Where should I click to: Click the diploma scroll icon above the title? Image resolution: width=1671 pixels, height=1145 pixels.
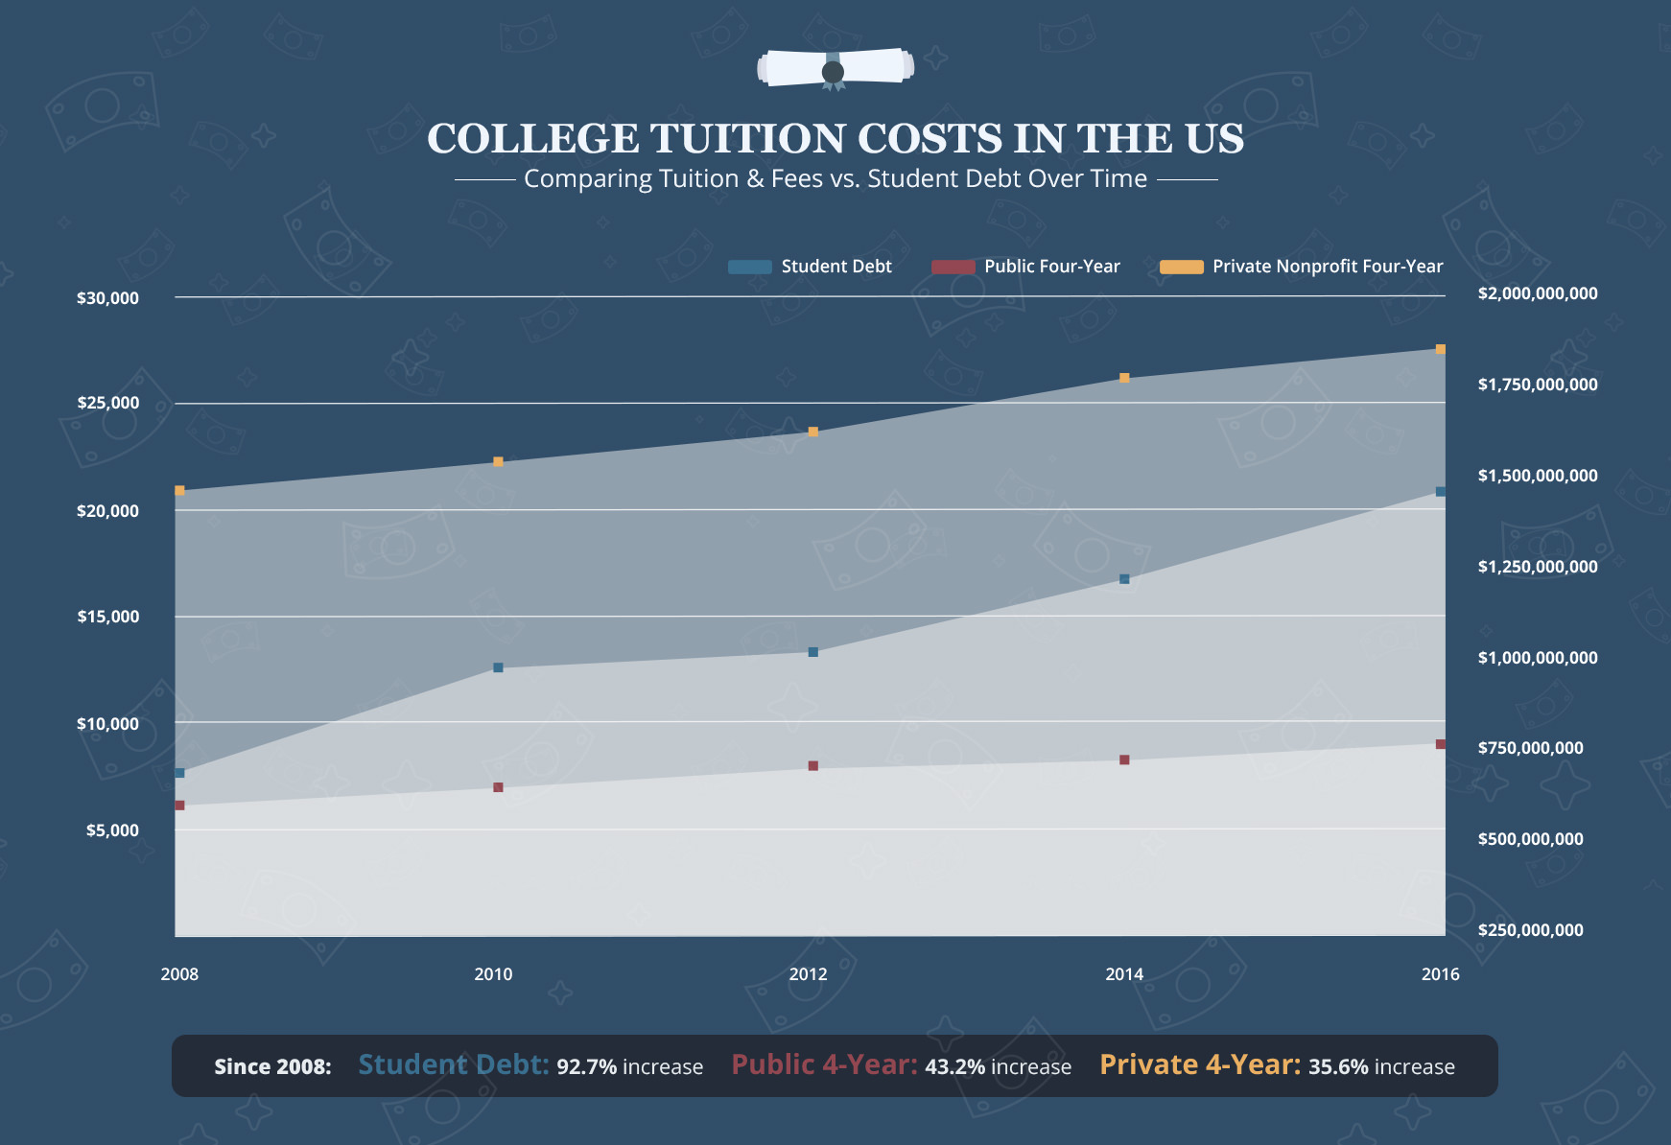(835, 69)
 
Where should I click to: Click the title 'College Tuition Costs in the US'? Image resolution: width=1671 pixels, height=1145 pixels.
(835, 139)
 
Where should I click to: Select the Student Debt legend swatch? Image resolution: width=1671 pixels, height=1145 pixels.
(749, 267)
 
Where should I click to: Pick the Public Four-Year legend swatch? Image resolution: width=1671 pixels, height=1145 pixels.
(953, 267)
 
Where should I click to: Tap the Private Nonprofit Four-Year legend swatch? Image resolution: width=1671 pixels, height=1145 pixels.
(1181, 267)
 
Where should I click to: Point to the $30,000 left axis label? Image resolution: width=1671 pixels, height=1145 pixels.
(107, 298)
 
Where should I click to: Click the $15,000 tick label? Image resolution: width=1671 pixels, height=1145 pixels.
(107, 617)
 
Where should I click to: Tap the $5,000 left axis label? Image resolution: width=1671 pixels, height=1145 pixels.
(112, 830)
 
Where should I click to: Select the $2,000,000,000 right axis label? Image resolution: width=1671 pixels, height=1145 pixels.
(1537, 293)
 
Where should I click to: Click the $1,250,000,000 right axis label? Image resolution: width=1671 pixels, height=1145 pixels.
(1537, 567)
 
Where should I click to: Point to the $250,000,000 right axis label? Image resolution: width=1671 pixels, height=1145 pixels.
(1530, 930)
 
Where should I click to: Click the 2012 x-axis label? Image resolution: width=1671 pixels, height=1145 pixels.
(808, 974)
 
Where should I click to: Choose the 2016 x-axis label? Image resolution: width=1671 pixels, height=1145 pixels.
(1440, 974)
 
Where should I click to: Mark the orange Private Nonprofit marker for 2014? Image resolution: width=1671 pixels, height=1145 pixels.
(1124, 378)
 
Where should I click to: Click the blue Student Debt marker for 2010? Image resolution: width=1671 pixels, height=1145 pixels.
(498, 667)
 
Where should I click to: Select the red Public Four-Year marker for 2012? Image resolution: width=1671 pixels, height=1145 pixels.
(812, 766)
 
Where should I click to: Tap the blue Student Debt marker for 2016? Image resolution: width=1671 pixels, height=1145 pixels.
(1440, 492)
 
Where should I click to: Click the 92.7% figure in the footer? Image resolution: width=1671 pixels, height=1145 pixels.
(586, 1067)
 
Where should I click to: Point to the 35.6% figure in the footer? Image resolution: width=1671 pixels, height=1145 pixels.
(1338, 1067)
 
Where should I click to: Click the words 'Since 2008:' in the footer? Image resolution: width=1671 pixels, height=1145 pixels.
(272, 1067)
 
